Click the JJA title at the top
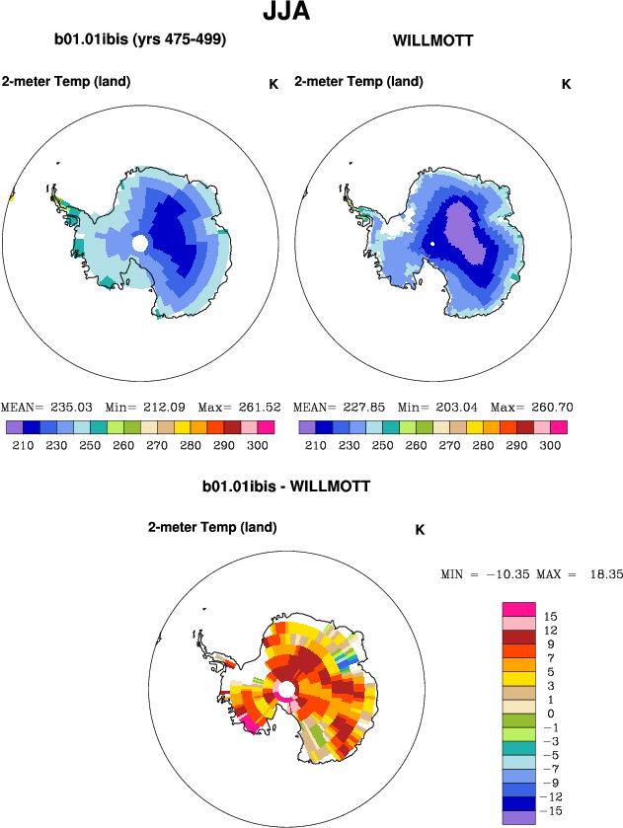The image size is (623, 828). tap(287, 13)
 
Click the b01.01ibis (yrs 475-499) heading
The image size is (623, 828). tap(140, 40)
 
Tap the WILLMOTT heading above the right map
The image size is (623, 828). tap(432, 40)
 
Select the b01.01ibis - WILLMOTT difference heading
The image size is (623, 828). tap(286, 487)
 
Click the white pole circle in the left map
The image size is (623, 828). tap(140, 243)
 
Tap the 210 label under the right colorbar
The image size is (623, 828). tap(314, 446)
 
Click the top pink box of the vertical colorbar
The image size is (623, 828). tap(518, 609)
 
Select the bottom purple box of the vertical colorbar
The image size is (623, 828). tap(518, 817)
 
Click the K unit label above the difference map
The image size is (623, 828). tap(420, 530)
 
